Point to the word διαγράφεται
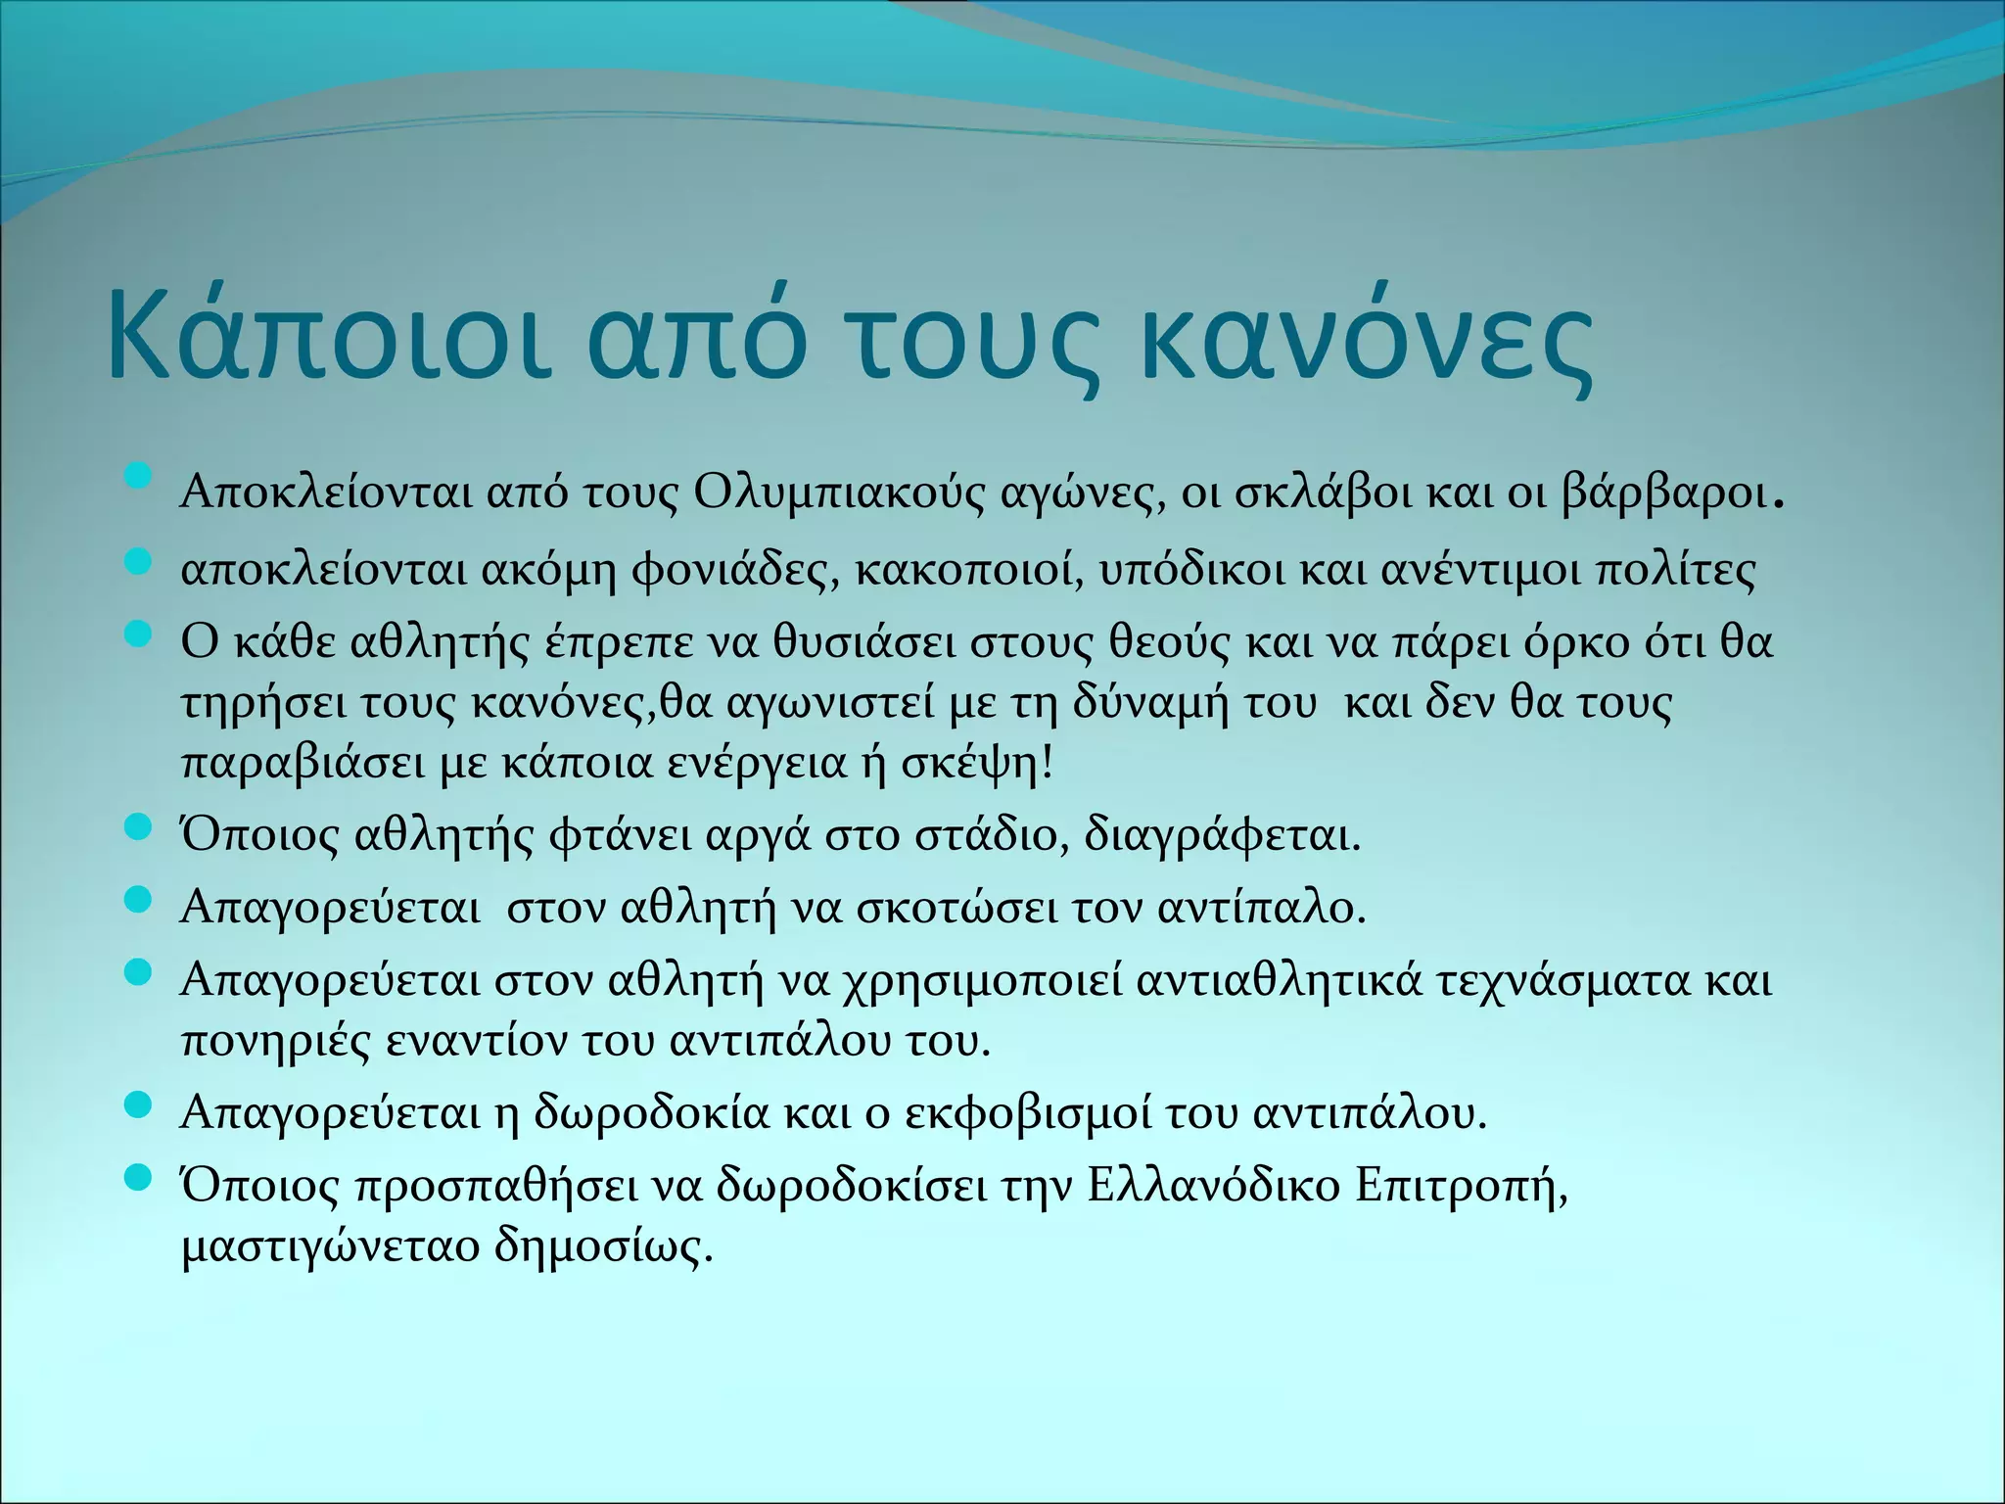tap(1223, 836)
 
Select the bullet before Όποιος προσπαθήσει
tap(138, 1172)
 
